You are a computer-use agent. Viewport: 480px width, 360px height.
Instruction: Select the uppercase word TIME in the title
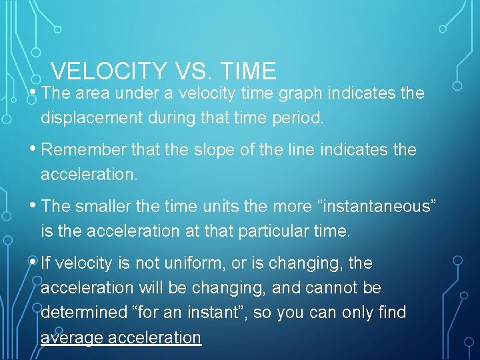click(x=246, y=71)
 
